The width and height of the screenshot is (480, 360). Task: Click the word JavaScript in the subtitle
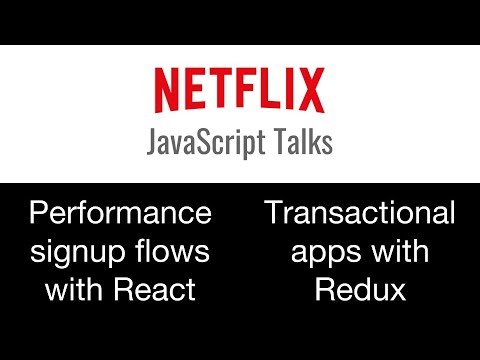(x=206, y=143)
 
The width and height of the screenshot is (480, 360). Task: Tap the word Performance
(x=119, y=213)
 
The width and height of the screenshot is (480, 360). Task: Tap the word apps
(x=322, y=252)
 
